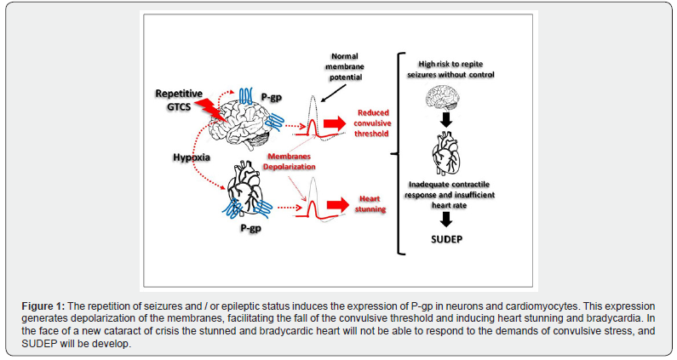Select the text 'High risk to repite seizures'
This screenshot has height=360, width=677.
pyautogui.click(x=445, y=67)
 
